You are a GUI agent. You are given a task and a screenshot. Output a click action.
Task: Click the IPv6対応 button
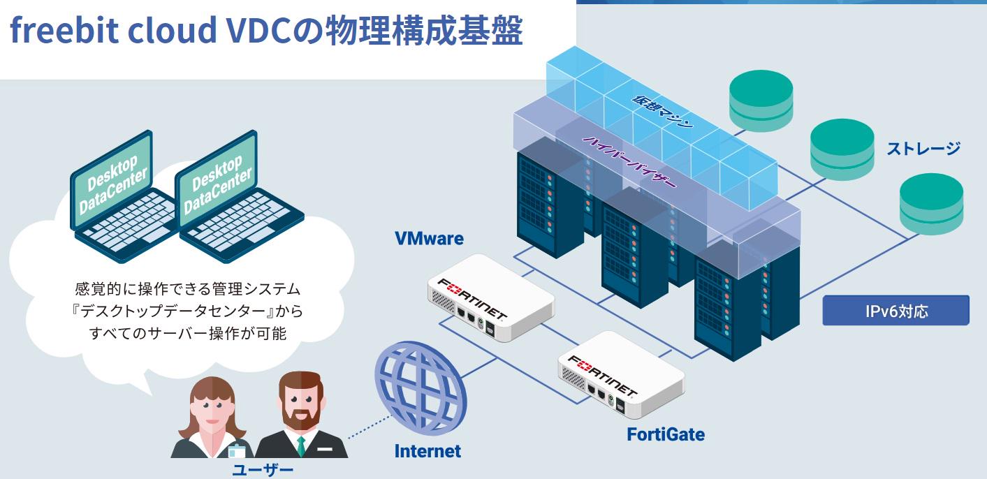tap(895, 311)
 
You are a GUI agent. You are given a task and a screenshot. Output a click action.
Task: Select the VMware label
tap(429, 238)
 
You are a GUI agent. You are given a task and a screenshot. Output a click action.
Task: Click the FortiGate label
tap(665, 434)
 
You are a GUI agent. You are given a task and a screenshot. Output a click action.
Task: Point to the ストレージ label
tap(923, 148)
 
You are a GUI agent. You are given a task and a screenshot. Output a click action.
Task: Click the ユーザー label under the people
tap(263, 469)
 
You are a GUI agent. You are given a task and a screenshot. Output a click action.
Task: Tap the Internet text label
tap(427, 451)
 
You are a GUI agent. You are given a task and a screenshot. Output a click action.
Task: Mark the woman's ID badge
tap(237, 450)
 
